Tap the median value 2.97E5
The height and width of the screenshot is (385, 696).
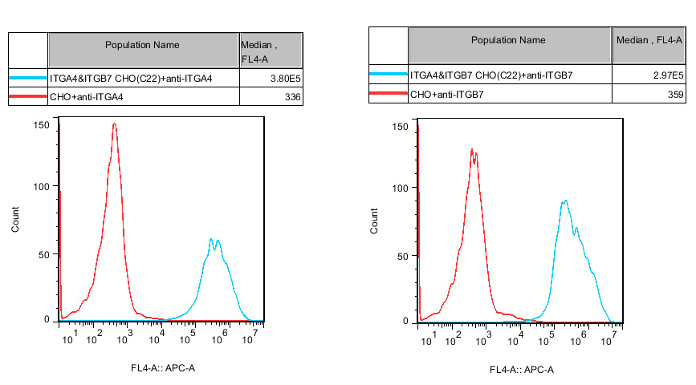668,75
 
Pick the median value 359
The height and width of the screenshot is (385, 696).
675,95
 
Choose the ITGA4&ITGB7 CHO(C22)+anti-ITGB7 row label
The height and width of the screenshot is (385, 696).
491,75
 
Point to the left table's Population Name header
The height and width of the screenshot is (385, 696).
143,45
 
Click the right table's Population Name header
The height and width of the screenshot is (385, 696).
508,40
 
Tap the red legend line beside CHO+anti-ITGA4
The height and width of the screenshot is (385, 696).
27,97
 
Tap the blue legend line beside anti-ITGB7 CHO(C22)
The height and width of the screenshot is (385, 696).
388,75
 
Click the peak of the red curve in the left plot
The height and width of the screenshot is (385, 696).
115,124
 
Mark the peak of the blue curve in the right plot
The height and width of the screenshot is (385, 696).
566,201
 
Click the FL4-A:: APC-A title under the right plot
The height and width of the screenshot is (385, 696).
522,370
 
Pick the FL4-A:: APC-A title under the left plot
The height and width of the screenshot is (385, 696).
162,368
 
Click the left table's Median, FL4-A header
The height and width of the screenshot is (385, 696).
271,51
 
